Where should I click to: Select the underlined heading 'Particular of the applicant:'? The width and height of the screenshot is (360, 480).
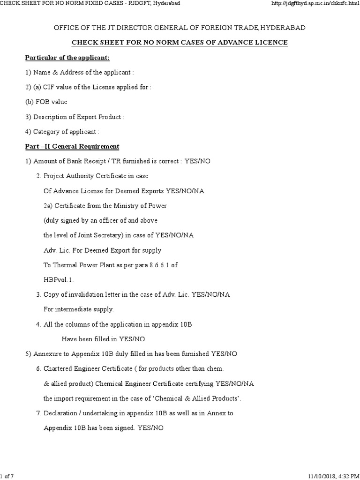(x=67, y=58)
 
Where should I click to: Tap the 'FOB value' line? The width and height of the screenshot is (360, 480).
(x=46, y=102)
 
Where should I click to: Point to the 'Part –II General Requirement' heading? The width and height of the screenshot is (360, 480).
(x=72, y=146)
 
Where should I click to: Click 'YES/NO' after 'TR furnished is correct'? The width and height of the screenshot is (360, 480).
(x=198, y=161)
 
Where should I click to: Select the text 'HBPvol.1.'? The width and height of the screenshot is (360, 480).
(x=59, y=279)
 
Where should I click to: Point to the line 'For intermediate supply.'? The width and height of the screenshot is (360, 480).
(x=79, y=309)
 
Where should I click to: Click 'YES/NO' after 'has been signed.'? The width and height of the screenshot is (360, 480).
(x=150, y=428)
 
